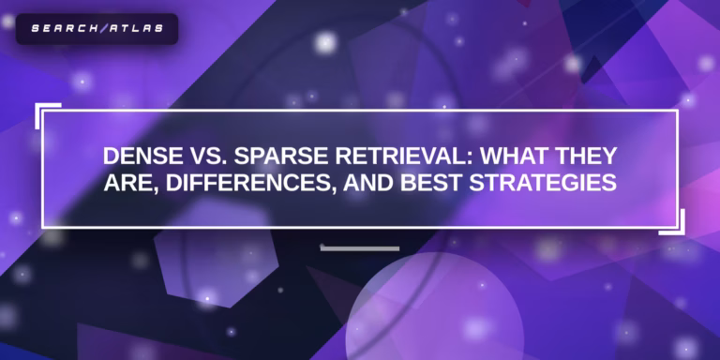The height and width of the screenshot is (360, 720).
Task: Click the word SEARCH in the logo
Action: click(x=59, y=28)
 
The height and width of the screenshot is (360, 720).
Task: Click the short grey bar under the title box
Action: click(x=359, y=248)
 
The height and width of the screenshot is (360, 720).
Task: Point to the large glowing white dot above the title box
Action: click(x=325, y=42)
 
